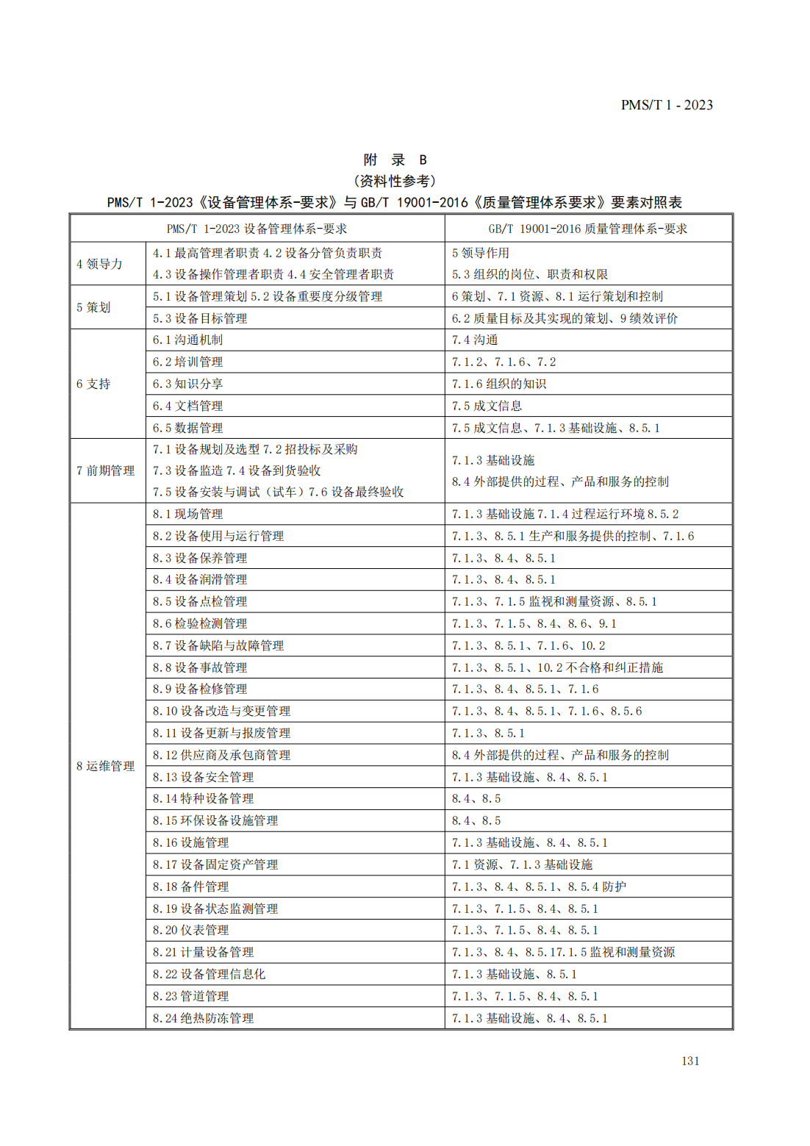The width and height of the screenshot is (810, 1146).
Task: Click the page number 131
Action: (x=690, y=1061)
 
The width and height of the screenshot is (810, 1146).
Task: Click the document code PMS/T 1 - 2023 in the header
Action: (x=666, y=105)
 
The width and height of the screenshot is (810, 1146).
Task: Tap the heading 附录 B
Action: (x=395, y=160)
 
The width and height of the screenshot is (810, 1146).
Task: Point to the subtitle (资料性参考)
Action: (x=395, y=181)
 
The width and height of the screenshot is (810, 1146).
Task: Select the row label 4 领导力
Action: (x=99, y=264)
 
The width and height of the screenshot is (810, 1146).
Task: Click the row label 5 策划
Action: (x=93, y=307)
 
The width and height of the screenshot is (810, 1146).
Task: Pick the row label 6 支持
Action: (x=93, y=384)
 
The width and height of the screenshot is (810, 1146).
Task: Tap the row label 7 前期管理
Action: (x=106, y=470)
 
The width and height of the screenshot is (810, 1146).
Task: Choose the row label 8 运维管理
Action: (x=106, y=766)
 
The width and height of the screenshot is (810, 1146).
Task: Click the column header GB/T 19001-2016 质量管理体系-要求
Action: (x=588, y=229)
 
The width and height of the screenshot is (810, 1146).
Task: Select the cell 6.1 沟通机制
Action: (x=187, y=340)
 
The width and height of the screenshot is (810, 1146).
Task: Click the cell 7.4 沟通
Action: (x=475, y=340)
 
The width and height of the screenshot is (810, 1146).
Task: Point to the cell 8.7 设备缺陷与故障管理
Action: (x=218, y=645)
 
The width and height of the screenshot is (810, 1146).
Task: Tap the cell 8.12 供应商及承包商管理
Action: (x=221, y=755)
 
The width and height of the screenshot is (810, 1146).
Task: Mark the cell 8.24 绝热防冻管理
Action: (x=203, y=1018)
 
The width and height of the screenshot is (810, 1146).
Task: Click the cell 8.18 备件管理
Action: (x=190, y=887)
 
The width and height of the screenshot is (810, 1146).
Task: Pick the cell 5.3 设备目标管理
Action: (x=200, y=318)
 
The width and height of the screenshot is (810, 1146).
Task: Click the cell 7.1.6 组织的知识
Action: (x=499, y=384)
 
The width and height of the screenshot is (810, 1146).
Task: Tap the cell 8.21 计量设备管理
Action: (x=203, y=952)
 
